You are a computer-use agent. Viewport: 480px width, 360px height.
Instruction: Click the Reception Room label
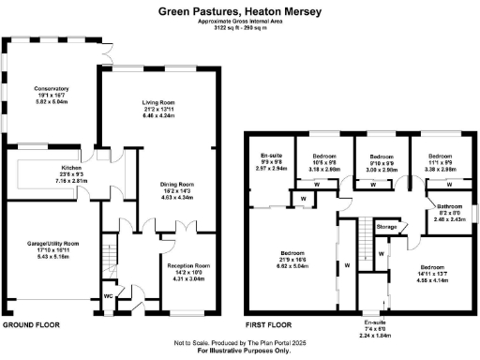point(188,265)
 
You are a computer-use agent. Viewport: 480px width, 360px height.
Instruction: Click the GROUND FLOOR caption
point(31,323)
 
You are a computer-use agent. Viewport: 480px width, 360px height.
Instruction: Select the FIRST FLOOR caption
point(267,323)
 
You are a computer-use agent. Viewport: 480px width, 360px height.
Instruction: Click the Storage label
point(386,226)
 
